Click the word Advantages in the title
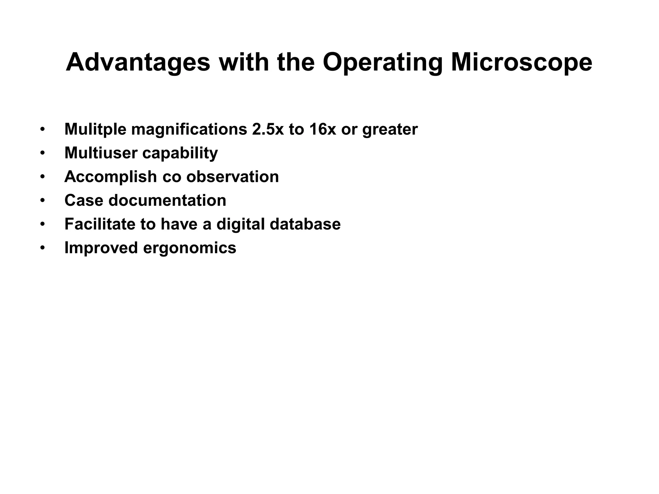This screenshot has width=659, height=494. pos(138,63)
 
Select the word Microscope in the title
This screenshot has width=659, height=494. pos(521,63)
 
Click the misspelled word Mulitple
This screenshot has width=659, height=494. pos(95,129)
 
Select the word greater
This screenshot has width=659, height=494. pos(390,130)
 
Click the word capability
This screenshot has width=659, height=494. pos(180,153)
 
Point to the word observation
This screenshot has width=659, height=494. pos(232,177)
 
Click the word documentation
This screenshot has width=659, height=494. pos(167,200)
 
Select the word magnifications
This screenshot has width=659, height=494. pos(189,130)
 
